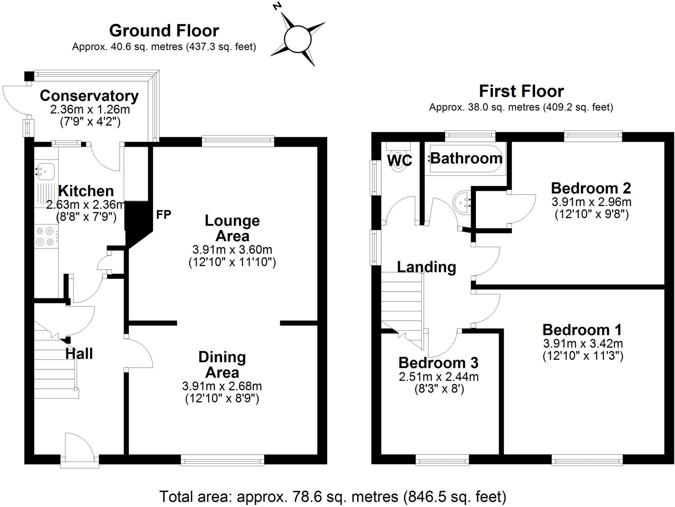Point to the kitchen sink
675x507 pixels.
pyautogui.click(x=45, y=170)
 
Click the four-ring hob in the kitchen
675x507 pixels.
pyautogui.click(x=45, y=236)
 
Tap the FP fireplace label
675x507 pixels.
pyautogui.click(x=163, y=215)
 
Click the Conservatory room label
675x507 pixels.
pyautogui.click(x=89, y=96)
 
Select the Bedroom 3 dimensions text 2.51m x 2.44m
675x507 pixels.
pyautogui.click(x=439, y=376)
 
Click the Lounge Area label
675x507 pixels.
pyautogui.click(x=232, y=228)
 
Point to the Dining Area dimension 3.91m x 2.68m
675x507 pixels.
pyautogui.click(x=222, y=386)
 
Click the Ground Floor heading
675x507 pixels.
pyautogui.click(x=164, y=30)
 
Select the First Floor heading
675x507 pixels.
pyautogui.click(x=521, y=91)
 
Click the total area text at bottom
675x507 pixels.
pyautogui.click(x=333, y=497)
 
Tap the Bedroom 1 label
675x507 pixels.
pyautogui.click(x=582, y=330)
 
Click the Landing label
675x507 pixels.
pyautogui.click(x=426, y=267)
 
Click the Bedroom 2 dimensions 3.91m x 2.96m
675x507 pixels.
pyautogui.click(x=591, y=201)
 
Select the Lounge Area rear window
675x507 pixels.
pyautogui.click(x=238, y=141)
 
